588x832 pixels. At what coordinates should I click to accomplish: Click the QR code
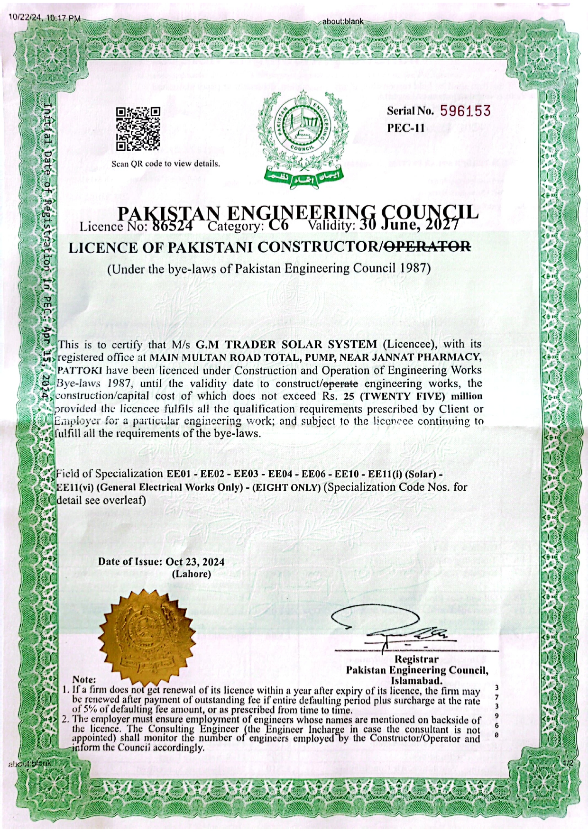coord(138,129)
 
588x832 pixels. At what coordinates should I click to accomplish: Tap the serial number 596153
coord(465,111)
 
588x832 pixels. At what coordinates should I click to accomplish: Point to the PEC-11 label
coord(406,128)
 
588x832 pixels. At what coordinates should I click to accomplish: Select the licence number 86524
coord(172,226)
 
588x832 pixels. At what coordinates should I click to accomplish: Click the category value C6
coord(279,226)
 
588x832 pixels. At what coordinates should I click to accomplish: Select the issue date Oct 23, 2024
coord(195,562)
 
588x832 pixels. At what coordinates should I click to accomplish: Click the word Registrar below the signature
coord(417,659)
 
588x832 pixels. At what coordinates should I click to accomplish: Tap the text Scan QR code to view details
coord(165,164)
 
